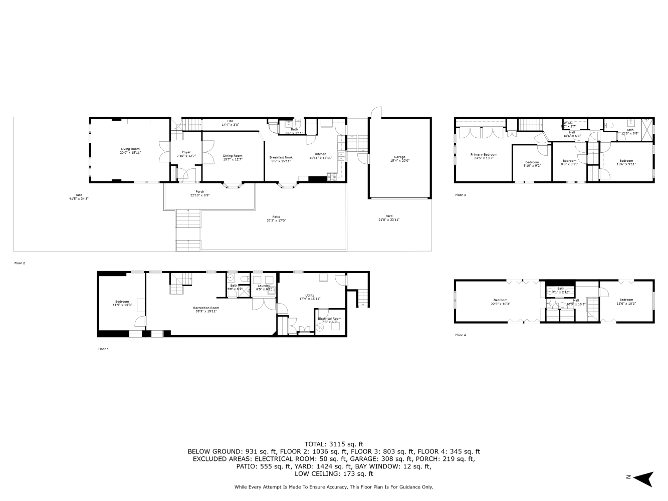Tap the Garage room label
(x=399, y=157)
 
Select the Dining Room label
(x=233, y=156)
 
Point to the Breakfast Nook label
(x=281, y=157)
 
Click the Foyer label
(x=186, y=152)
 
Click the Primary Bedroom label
(x=484, y=154)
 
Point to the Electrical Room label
(x=329, y=319)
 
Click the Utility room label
(x=310, y=295)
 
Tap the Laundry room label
(x=264, y=286)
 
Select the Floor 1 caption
(x=103, y=349)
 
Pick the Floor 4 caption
(x=460, y=335)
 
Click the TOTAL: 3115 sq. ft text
(x=334, y=444)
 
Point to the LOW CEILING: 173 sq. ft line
(x=334, y=473)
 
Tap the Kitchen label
(x=321, y=154)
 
